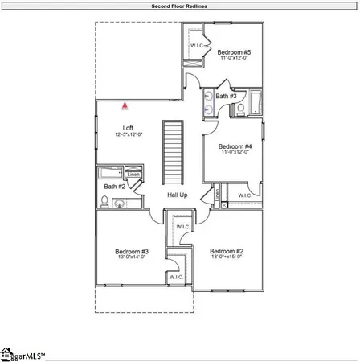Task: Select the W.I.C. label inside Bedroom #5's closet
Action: (x=196, y=45)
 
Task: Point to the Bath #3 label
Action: (x=226, y=96)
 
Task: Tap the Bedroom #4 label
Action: (x=237, y=146)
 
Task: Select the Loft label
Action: (x=127, y=128)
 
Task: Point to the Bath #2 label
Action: (x=114, y=187)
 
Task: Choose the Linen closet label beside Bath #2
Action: (x=133, y=175)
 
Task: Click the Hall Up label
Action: (x=177, y=195)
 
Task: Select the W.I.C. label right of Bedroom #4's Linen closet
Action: (x=244, y=195)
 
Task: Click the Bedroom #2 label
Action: (x=227, y=251)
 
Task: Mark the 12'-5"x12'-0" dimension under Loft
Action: (x=128, y=134)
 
